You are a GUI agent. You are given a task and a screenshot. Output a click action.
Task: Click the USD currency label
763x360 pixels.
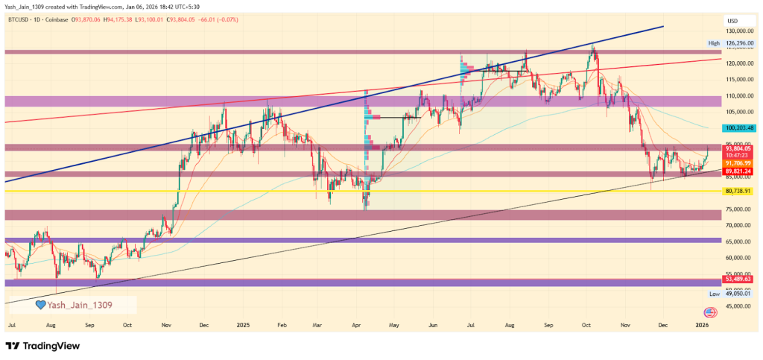732,20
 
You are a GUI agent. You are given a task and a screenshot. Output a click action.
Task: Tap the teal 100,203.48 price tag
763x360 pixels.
739,128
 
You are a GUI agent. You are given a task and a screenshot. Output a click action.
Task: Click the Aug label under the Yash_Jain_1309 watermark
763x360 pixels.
51,326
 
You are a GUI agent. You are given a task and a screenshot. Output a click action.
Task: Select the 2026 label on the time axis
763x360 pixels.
702,326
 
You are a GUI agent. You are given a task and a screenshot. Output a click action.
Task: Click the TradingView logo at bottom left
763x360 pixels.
42,346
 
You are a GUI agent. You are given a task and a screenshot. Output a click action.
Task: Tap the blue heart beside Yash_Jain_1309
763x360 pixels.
42,305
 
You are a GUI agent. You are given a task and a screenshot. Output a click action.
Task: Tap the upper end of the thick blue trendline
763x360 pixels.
662,27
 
